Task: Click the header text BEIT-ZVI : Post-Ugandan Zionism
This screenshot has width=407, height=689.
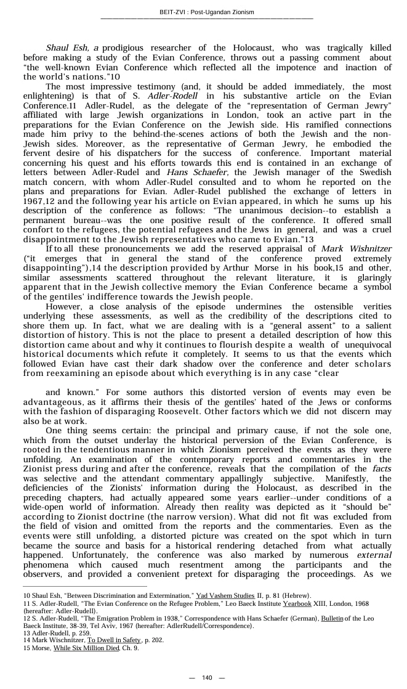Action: [x=206, y=12]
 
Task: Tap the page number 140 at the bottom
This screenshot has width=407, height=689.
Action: [x=207, y=678]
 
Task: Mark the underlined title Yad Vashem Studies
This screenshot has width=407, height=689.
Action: [x=223, y=596]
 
